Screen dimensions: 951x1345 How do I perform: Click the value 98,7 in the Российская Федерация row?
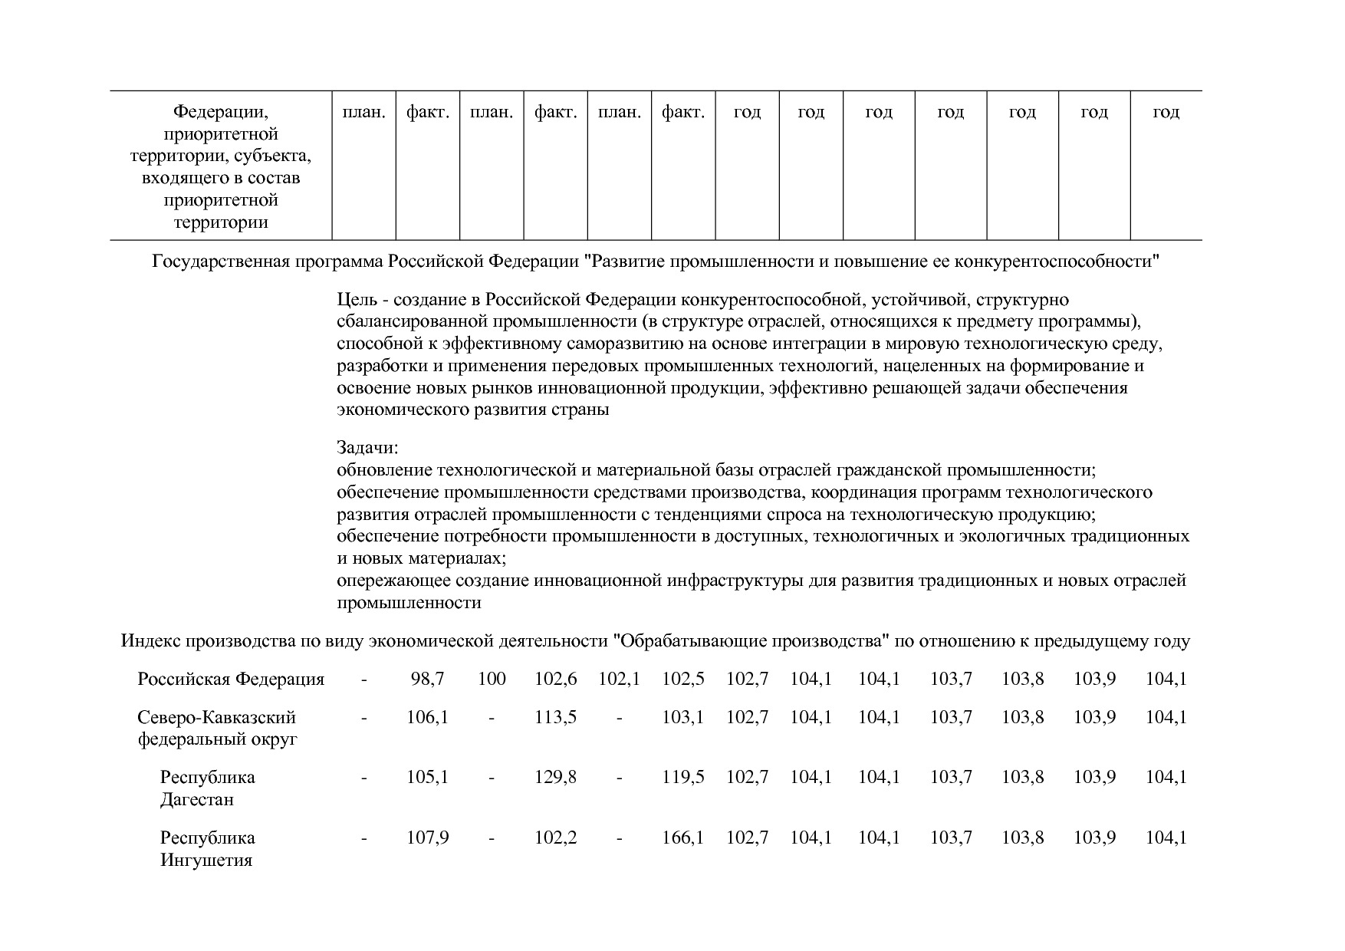click(427, 679)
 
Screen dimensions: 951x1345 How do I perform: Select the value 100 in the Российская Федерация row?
click(492, 679)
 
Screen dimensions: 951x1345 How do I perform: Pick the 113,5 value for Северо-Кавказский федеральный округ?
click(555, 717)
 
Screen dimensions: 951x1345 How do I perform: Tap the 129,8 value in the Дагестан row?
click(555, 777)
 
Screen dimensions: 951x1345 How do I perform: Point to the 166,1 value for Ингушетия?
click(682, 837)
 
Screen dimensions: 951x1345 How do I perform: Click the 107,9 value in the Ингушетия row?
click(427, 837)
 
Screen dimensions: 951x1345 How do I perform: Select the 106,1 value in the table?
click(427, 717)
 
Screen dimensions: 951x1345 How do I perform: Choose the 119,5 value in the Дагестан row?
click(682, 777)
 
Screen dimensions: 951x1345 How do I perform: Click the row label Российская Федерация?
click(231, 680)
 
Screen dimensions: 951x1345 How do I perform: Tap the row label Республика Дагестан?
click(207, 788)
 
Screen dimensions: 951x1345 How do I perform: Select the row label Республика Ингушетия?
click(207, 849)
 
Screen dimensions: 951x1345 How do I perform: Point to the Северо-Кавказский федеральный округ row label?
click(217, 729)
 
